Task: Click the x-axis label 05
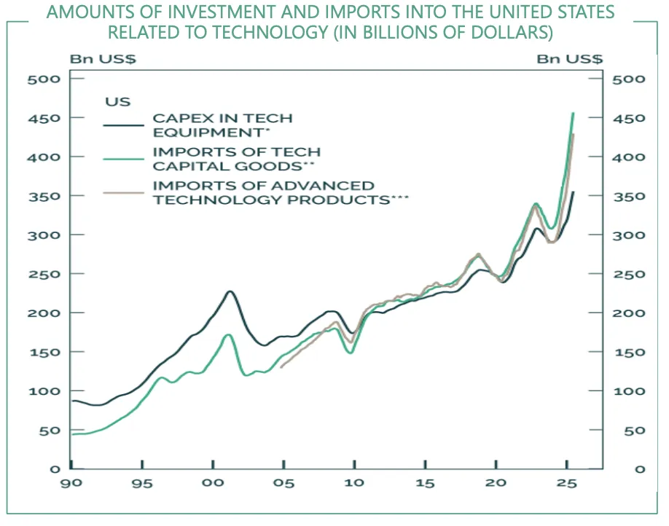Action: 283,484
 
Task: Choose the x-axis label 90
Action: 71,484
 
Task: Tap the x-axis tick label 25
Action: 566,484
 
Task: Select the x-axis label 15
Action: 425,484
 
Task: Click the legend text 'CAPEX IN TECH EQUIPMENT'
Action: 223,125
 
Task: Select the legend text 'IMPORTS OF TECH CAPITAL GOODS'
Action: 236,159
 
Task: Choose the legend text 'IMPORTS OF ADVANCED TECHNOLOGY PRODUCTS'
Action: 280,192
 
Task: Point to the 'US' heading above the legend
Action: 117,101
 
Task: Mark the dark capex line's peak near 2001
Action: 230,291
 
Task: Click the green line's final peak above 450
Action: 573,113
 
